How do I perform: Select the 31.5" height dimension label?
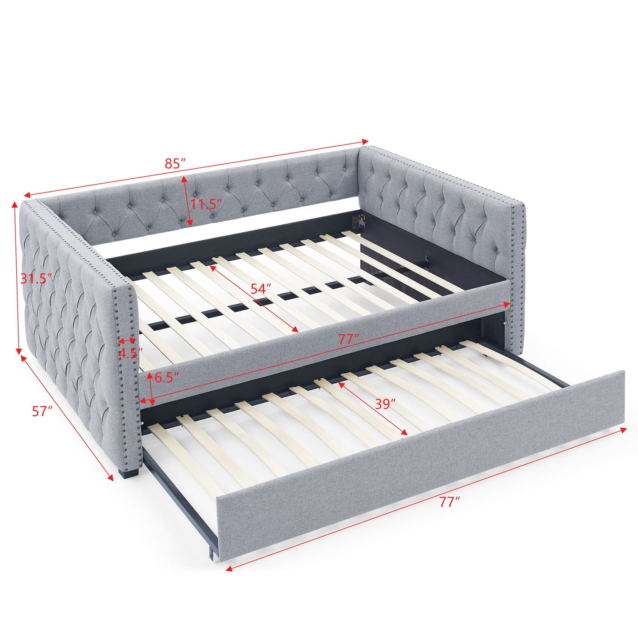[37, 278]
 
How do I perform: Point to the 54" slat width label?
[261, 289]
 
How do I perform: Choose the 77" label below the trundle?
[449, 502]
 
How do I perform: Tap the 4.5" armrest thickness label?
[131, 353]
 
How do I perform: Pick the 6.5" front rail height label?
[167, 378]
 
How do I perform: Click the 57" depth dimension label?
[42, 411]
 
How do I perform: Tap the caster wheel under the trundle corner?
[215, 557]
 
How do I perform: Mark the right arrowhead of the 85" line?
[365, 141]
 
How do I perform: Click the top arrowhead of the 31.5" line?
[17, 204]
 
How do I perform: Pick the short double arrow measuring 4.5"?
[127, 341]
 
